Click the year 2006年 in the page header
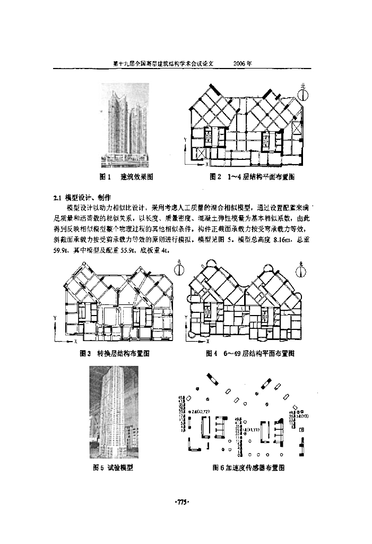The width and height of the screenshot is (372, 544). point(243,63)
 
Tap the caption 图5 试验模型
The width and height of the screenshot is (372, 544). point(113,467)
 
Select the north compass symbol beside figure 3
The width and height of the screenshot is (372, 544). point(179,268)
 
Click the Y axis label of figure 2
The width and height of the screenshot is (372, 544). point(185,138)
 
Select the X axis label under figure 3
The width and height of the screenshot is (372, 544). point(76,341)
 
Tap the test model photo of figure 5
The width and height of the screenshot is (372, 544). point(114,412)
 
